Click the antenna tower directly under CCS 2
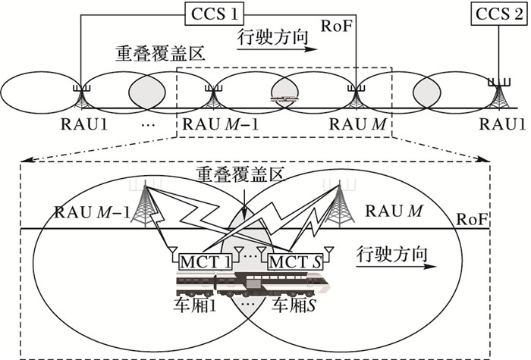click(x=498, y=94)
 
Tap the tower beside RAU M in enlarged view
click(x=339, y=201)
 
